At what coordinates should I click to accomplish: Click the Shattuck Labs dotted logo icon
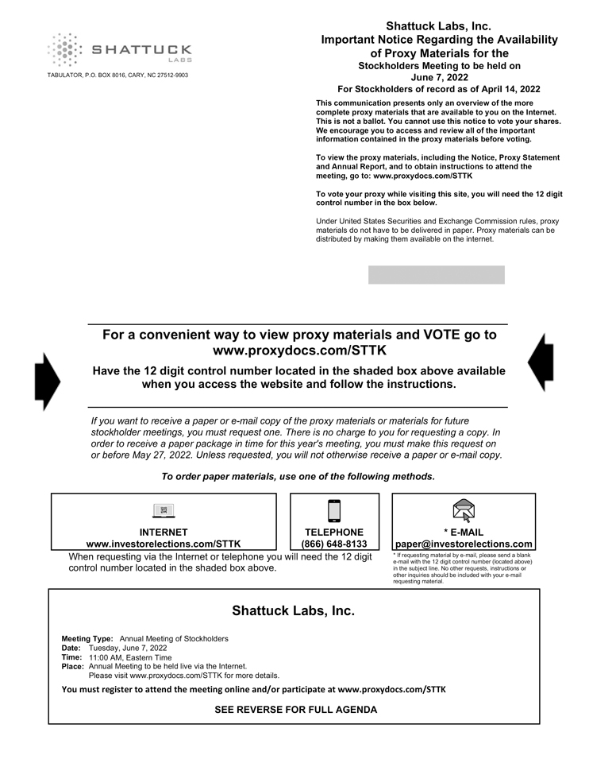pos(64,50)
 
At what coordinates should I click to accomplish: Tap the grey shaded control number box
pos(436,275)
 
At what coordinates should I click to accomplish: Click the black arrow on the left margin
pos(47,381)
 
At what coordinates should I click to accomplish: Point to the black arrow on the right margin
pos(541,362)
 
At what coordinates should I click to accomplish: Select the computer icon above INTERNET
pos(164,510)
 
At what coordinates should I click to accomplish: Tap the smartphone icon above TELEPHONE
pos(334,510)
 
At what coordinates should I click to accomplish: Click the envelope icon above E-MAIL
pos(464,509)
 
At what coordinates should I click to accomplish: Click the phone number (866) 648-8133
pos(334,544)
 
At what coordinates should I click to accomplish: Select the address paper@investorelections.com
pos(464,544)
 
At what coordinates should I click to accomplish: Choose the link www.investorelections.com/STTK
pos(164,544)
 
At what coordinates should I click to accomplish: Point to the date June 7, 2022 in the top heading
pos(439,77)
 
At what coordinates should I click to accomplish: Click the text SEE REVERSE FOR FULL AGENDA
pos(295,710)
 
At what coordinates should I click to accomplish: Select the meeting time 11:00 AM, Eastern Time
pos(130,657)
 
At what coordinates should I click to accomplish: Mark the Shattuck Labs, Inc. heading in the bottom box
pos(293,610)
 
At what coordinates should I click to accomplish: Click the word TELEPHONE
pos(334,533)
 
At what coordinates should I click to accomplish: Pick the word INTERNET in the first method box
pos(164,533)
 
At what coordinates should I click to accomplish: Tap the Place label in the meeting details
pos(73,667)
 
